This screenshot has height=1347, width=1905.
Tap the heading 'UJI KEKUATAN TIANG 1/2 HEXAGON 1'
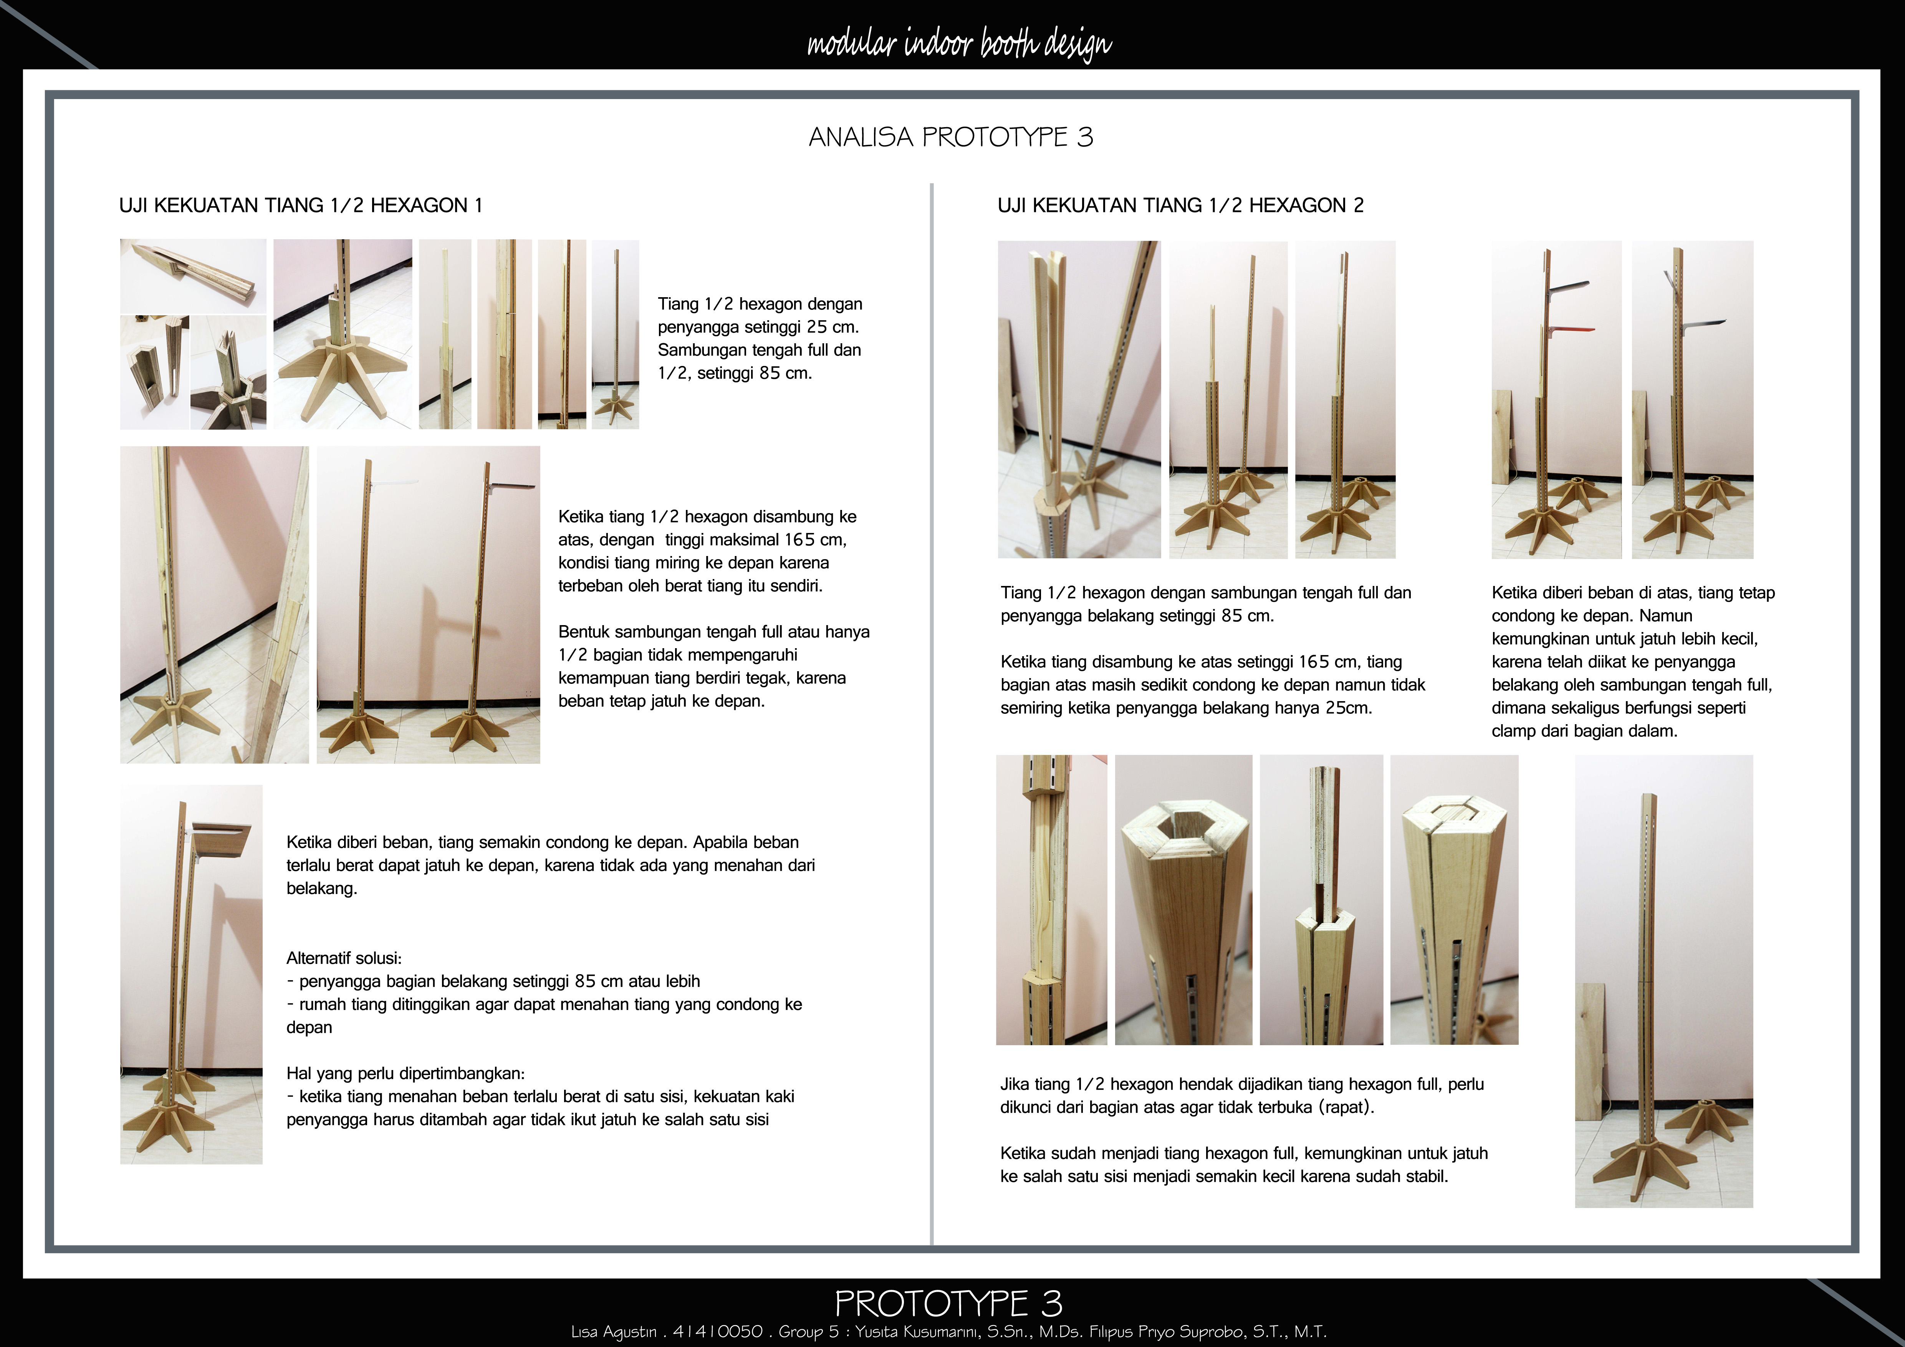tap(300, 206)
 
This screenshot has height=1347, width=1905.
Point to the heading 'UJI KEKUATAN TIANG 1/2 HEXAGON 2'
tap(1180, 206)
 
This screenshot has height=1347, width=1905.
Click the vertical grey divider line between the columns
tap(932, 713)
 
